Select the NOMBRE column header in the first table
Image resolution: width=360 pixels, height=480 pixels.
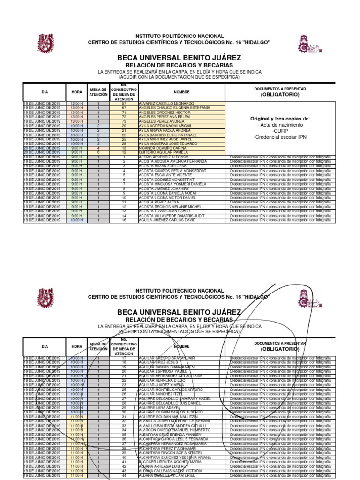click(181, 92)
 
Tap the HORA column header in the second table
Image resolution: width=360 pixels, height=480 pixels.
click(77, 346)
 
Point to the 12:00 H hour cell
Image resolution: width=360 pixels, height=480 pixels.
click(77, 103)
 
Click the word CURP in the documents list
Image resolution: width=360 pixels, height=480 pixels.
click(280, 131)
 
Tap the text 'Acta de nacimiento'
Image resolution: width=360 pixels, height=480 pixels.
click(280, 125)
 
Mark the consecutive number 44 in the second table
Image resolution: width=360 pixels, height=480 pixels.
click(124, 476)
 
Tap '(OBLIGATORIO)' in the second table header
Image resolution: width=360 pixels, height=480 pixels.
click(280, 349)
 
